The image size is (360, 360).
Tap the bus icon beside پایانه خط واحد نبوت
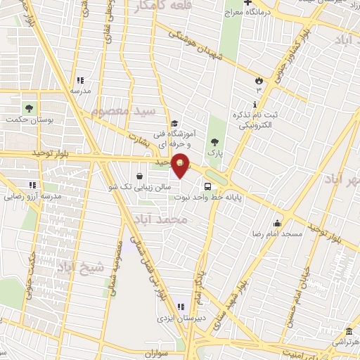click(208, 187)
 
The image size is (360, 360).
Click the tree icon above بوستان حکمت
click(29, 108)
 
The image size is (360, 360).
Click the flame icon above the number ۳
click(258, 80)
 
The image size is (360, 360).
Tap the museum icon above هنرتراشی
click(348, 332)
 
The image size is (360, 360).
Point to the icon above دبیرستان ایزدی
click(181, 307)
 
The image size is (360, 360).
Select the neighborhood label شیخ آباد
click(81, 266)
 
